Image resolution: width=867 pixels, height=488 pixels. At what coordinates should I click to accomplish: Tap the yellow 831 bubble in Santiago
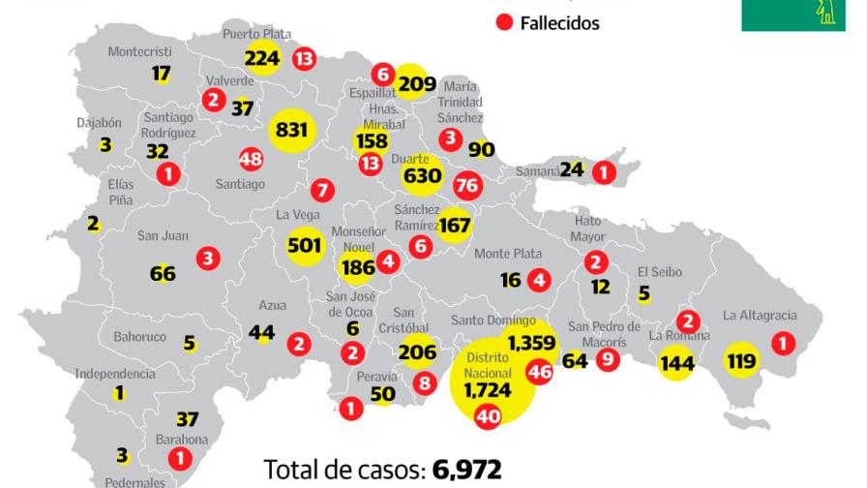[291, 130]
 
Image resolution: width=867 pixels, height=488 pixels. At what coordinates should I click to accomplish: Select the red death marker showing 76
[467, 184]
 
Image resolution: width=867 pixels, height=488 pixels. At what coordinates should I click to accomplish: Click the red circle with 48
[251, 159]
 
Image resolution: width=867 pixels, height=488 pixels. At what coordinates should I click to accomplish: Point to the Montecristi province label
[139, 51]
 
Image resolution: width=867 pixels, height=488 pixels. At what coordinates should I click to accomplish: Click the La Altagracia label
[760, 315]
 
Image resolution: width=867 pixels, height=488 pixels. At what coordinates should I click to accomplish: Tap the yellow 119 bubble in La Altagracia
[743, 362]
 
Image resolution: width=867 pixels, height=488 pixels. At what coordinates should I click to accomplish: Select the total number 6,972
[468, 471]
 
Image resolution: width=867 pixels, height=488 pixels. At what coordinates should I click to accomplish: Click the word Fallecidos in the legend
[559, 23]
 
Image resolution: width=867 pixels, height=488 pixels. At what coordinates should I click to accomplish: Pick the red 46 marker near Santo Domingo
[538, 371]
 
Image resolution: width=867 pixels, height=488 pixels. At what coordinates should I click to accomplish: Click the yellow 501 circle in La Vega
[305, 245]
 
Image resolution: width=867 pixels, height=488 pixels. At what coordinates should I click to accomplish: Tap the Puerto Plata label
[256, 34]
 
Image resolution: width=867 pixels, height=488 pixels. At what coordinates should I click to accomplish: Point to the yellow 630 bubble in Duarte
[422, 176]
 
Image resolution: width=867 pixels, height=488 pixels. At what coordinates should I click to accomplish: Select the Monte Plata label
[507, 254]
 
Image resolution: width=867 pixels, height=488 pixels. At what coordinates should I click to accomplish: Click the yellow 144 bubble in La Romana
[676, 363]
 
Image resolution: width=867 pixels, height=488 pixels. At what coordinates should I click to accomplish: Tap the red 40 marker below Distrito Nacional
[488, 416]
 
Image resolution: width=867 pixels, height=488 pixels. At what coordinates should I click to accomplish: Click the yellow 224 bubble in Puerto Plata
[262, 58]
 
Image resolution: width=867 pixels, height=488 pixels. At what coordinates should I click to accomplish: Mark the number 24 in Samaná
[572, 169]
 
